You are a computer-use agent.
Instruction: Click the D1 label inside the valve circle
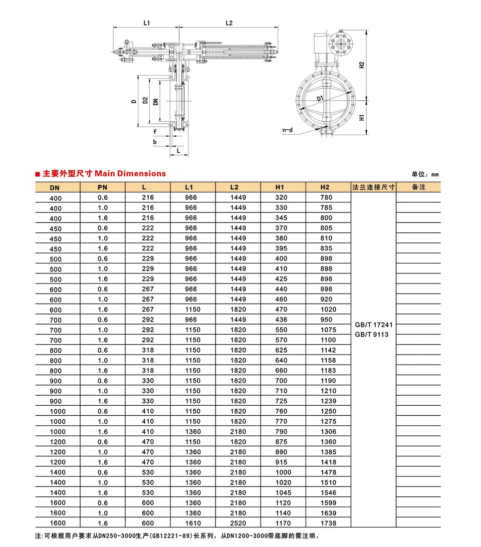(x=320, y=100)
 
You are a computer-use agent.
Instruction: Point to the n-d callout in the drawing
(x=288, y=130)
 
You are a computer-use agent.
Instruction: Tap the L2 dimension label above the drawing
(x=229, y=23)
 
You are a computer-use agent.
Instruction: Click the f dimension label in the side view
(x=155, y=132)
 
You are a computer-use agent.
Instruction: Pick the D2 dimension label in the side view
(x=145, y=101)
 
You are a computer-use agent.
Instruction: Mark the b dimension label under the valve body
(x=155, y=142)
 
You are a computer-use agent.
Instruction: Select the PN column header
(x=102, y=187)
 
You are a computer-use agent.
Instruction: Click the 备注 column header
(x=418, y=187)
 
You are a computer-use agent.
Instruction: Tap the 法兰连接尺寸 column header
(x=373, y=187)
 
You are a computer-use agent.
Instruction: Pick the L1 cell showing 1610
(x=193, y=523)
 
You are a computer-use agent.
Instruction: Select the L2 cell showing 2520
(x=238, y=523)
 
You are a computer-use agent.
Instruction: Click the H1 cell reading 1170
(x=283, y=523)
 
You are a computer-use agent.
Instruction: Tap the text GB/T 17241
(x=373, y=325)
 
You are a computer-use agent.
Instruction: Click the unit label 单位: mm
(x=425, y=174)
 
